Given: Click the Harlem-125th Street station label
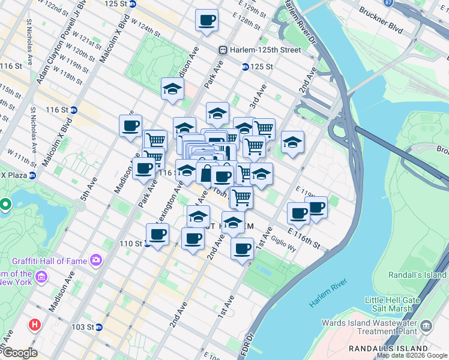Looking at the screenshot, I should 262,50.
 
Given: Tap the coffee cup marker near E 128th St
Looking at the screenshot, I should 206,20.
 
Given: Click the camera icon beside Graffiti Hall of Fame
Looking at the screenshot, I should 95,260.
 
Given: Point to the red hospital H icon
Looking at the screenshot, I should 35,325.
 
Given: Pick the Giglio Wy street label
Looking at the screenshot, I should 284,242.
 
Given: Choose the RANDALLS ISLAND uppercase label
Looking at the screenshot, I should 388,349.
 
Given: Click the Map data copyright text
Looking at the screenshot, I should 412,355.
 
